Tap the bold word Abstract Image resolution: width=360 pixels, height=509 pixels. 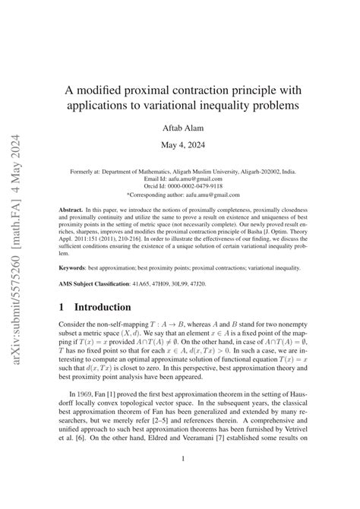click(73, 207)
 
